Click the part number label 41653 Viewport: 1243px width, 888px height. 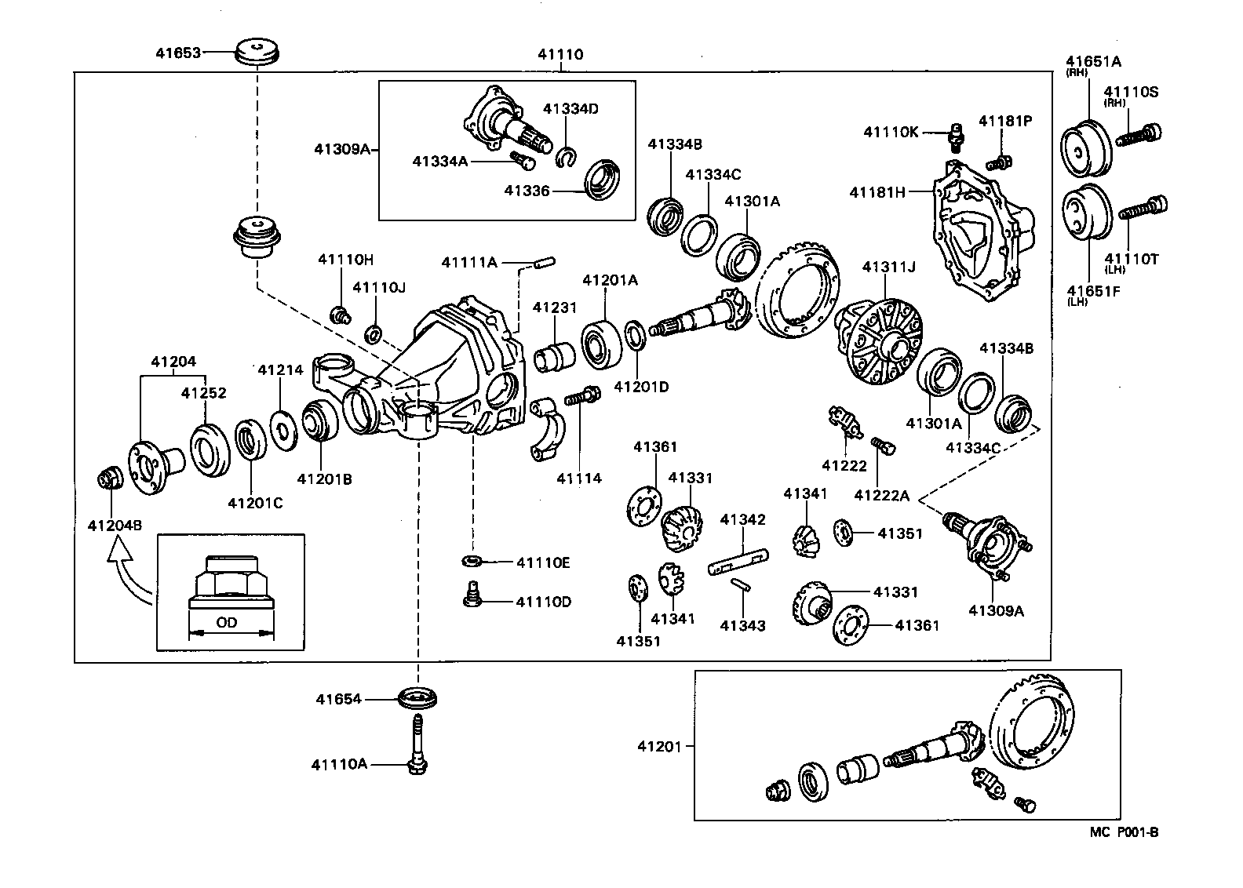(177, 53)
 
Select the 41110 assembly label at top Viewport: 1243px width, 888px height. (560, 55)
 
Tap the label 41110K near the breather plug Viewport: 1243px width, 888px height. (891, 132)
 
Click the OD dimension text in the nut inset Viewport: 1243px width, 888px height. (227, 624)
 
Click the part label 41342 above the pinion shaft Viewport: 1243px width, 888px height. (742, 519)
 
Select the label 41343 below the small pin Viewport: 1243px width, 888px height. (742, 625)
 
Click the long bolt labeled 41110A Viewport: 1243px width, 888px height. (417, 741)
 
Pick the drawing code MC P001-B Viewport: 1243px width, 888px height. (1123, 832)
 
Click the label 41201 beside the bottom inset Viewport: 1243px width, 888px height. (660, 746)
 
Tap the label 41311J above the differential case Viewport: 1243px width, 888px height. (888, 267)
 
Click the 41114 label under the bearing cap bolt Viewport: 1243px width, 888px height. (579, 478)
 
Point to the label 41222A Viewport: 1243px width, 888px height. (881, 495)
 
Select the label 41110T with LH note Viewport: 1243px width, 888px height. (1132, 259)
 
